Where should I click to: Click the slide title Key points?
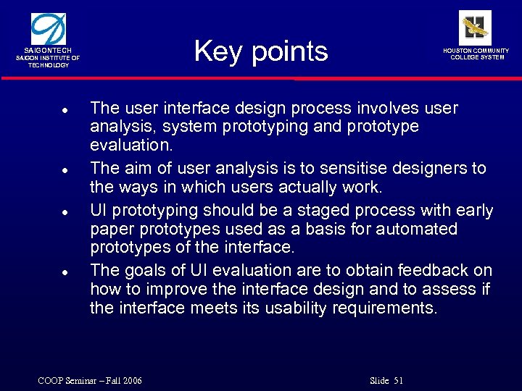point(261,51)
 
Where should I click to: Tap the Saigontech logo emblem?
point(49,30)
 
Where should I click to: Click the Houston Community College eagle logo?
point(475,28)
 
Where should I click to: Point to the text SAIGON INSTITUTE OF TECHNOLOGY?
point(49,62)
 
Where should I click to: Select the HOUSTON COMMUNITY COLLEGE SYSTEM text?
point(476,54)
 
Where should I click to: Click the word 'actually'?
point(312,188)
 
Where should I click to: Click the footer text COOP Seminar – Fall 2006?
point(90,381)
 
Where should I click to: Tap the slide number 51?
point(398,381)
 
